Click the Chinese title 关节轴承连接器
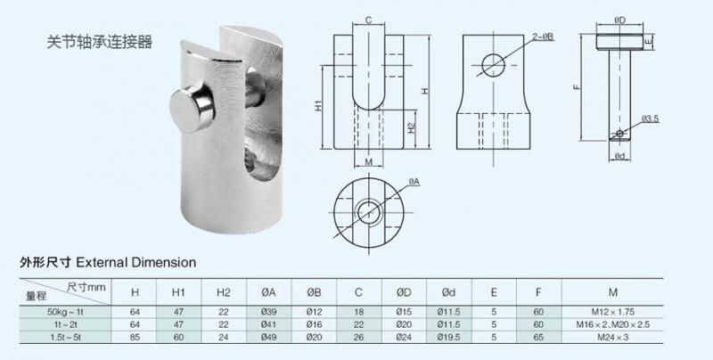[x=99, y=41]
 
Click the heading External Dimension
[x=136, y=262]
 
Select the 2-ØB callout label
[x=544, y=37]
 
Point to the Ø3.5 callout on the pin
[x=651, y=119]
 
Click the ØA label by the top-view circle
[x=414, y=182]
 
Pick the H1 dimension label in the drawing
[x=318, y=105]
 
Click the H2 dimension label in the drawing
[x=411, y=128]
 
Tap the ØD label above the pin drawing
[x=619, y=20]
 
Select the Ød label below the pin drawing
[x=619, y=156]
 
